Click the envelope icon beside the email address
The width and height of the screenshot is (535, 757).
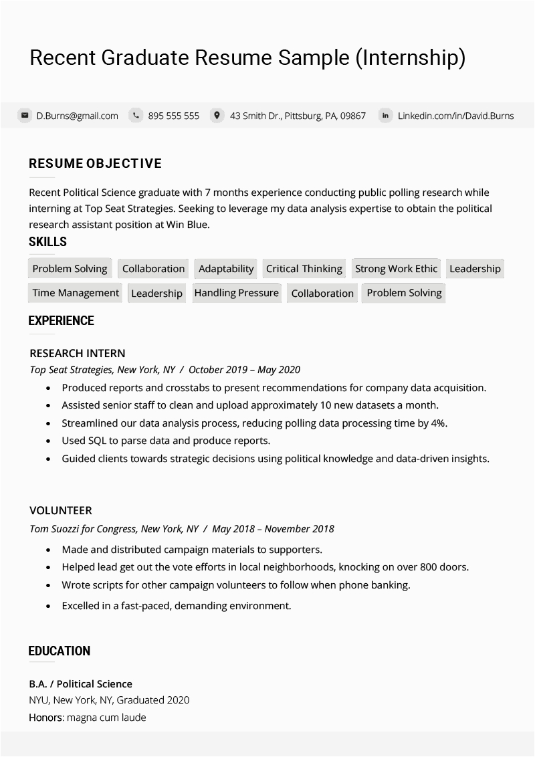(x=25, y=116)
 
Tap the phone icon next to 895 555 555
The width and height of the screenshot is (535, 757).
(x=136, y=116)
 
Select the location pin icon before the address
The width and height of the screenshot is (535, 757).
(x=217, y=116)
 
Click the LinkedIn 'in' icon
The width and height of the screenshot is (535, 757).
(x=385, y=116)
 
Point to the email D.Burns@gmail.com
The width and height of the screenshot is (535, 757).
(x=77, y=116)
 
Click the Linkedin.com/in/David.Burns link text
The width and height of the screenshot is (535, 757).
(x=455, y=116)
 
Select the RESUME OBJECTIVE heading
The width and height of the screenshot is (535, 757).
(x=95, y=164)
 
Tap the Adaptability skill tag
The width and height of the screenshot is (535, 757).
(x=226, y=269)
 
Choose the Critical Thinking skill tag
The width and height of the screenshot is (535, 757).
(x=304, y=269)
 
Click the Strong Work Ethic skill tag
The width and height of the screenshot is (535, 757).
(x=396, y=269)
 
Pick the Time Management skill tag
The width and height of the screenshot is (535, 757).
(x=76, y=293)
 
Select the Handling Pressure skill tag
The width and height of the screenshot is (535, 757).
(x=236, y=293)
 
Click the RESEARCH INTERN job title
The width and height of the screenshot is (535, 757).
(x=78, y=353)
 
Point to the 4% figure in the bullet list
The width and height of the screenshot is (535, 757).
(x=438, y=423)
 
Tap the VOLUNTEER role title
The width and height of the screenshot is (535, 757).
(x=61, y=510)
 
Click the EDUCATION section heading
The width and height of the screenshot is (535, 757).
(x=60, y=651)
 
